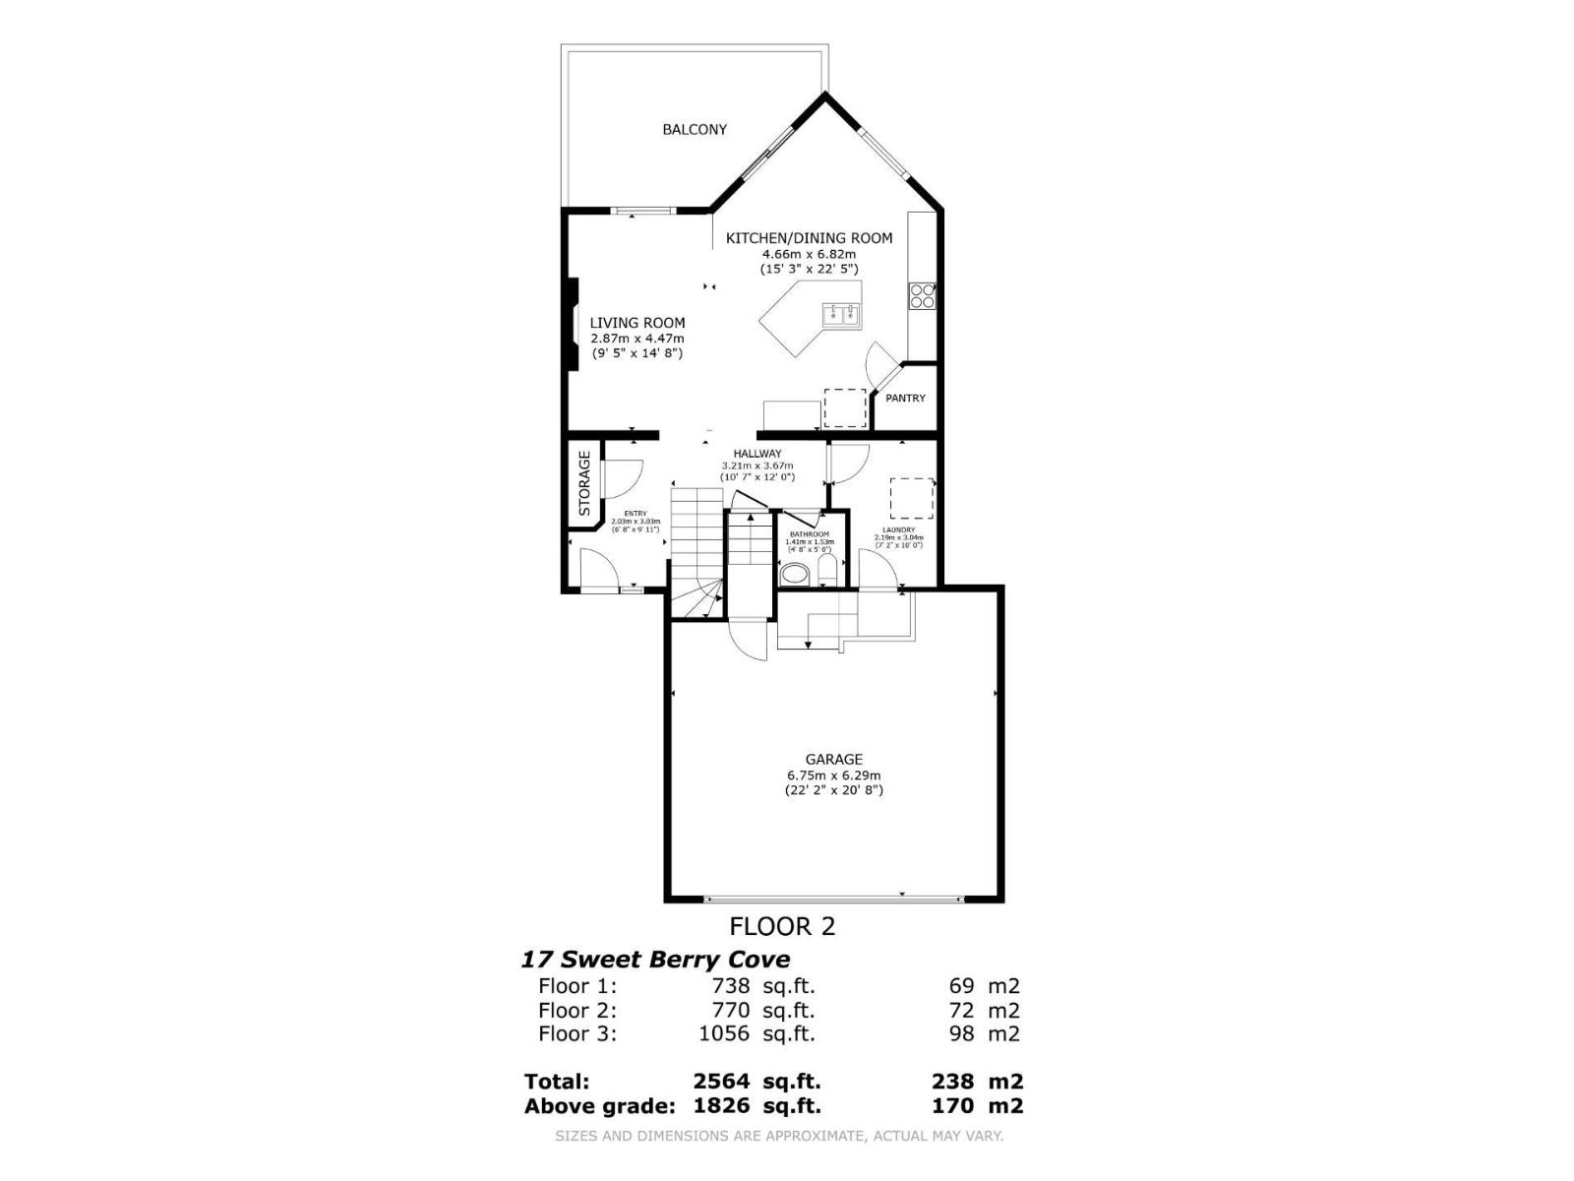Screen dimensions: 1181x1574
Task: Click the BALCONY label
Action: click(x=695, y=129)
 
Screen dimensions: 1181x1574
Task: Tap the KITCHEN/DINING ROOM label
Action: click(x=809, y=238)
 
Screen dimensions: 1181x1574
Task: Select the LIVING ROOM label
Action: click(x=637, y=323)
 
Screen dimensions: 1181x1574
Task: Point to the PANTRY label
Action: click(x=905, y=399)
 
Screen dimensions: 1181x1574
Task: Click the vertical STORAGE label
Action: click(x=584, y=483)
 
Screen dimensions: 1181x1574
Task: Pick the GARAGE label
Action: click(x=834, y=759)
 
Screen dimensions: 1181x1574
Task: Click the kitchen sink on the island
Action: click(x=843, y=315)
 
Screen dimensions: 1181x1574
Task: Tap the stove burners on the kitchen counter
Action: click(x=922, y=296)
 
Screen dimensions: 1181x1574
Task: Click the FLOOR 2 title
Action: click(x=782, y=926)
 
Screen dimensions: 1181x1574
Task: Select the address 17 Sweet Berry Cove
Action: click(x=655, y=960)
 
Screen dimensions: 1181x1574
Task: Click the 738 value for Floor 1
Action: click(x=731, y=986)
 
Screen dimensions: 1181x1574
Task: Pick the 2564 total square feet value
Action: click(x=721, y=1082)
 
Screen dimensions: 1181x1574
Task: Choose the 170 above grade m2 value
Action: click(x=954, y=1105)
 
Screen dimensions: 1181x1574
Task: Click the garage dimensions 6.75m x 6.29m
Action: click(x=833, y=775)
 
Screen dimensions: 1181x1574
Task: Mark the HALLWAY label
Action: click(x=757, y=454)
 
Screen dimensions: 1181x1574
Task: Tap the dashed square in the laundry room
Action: click(x=912, y=498)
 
